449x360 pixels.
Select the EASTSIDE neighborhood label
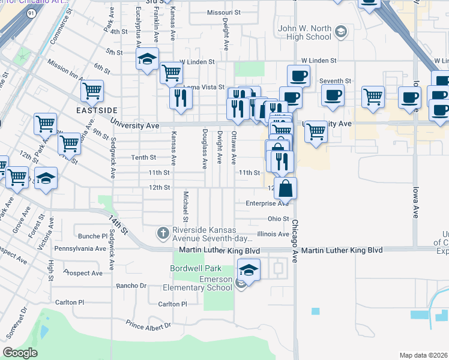95,110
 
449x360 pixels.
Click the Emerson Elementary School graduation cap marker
249,269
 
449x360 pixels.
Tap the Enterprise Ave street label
268,203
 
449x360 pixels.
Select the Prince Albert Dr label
148,325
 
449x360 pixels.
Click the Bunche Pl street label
88,236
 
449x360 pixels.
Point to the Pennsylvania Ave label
80,248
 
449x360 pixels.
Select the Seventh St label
336,81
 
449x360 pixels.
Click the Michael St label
186,205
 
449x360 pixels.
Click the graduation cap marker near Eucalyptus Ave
146,59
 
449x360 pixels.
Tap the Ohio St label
279,219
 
